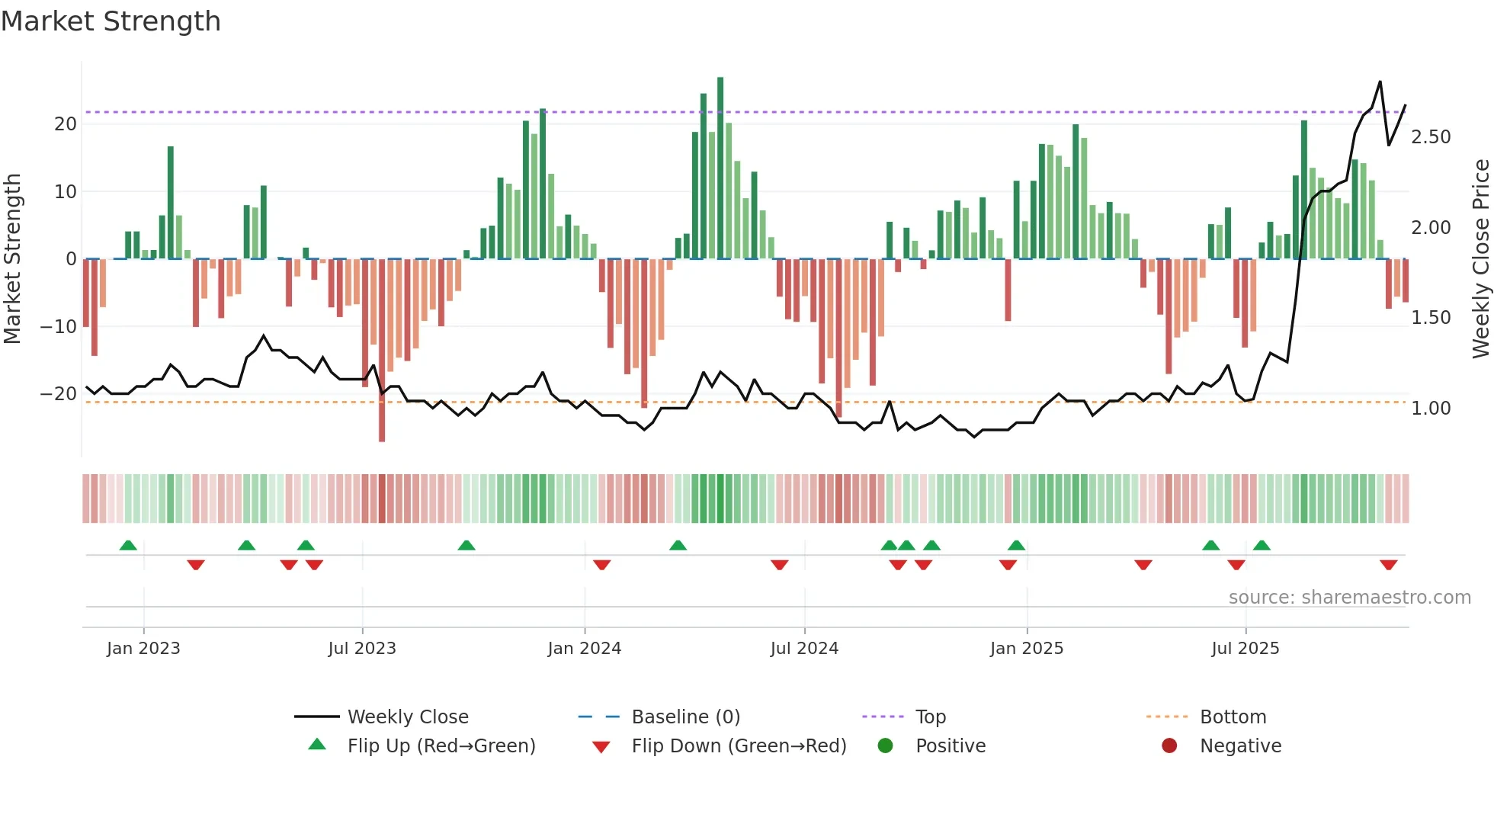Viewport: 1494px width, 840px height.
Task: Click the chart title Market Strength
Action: pyautogui.click(x=111, y=21)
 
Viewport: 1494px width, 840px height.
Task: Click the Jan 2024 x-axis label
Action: pyautogui.click(x=584, y=648)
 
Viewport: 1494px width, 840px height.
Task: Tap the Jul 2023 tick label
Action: pyautogui.click(x=362, y=648)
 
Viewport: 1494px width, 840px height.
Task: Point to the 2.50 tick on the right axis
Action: pyautogui.click(x=1430, y=137)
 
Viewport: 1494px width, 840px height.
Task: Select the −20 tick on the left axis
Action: pyautogui.click(x=59, y=394)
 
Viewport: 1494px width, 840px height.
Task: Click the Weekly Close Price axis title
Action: pyautogui.click(x=1480, y=259)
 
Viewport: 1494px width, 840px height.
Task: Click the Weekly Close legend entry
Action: pyautogui.click(x=408, y=717)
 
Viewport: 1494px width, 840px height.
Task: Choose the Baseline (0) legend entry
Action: pyautogui.click(x=685, y=717)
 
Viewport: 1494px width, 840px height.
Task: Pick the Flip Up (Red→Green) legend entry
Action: pyautogui.click(x=441, y=745)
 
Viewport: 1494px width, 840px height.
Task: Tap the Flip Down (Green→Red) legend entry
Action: pyautogui.click(x=739, y=745)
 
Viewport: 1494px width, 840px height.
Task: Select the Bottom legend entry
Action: pyautogui.click(x=1233, y=717)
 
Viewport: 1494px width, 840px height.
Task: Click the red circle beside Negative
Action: pyautogui.click(x=1169, y=745)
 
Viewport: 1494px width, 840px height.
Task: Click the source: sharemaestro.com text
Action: pyautogui.click(x=1349, y=597)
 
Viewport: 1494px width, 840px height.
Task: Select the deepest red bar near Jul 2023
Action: pyautogui.click(x=382, y=351)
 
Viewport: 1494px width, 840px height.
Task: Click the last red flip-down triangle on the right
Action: pyautogui.click(x=1388, y=565)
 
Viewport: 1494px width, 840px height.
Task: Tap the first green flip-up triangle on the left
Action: pyautogui.click(x=128, y=545)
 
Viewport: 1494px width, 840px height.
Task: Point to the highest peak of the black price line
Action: pyautogui.click(x=1380, y=82)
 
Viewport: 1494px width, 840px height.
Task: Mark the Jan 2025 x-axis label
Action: pyautogui.click(x=1026, y=648)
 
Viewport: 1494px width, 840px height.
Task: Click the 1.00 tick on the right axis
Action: pyautogui.click(x=1430, y=409)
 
